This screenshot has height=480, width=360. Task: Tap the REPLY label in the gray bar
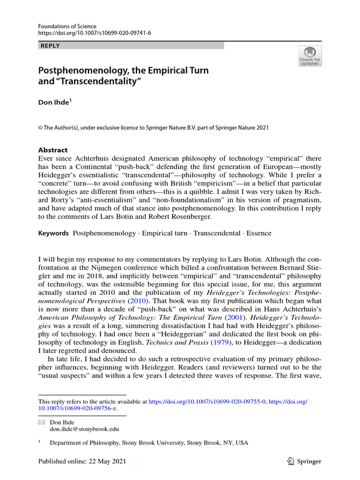51,45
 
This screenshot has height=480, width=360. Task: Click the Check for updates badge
309,56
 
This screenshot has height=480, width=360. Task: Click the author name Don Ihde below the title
53,103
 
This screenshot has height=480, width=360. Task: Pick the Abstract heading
52,150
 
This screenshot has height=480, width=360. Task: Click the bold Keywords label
53,233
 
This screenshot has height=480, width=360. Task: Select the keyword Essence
259,233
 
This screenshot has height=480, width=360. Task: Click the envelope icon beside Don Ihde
41,422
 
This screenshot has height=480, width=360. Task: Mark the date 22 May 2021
104,461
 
